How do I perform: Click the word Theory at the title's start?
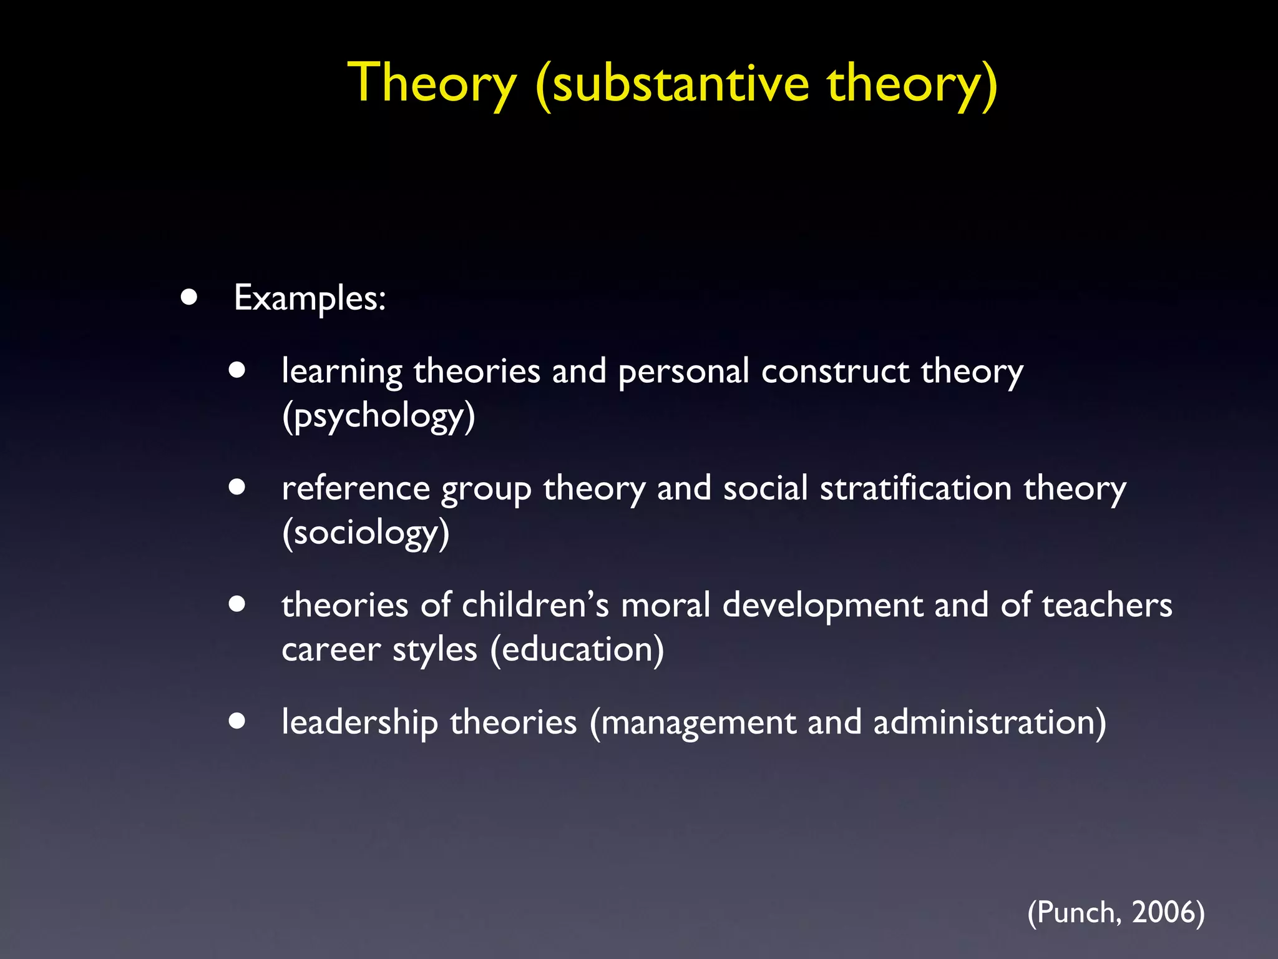[432, 84]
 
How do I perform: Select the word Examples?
[310, 298]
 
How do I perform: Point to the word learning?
[342, 372]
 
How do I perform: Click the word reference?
[356, 488]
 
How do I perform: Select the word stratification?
[915, 488]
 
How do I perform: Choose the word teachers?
[1106, 604]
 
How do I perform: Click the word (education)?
[577, 649]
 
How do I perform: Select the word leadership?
[359, 722]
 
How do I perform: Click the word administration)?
[989, 722]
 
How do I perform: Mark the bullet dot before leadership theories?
[237, 721]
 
